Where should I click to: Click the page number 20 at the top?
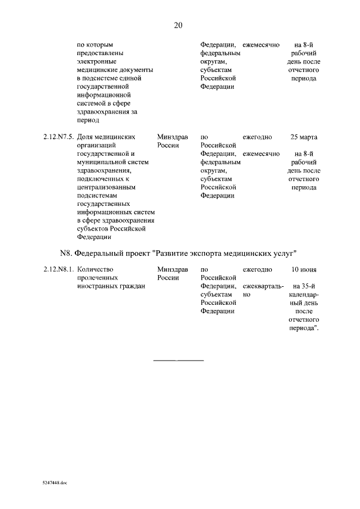[x=179, y=25]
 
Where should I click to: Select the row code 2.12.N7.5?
[x=58, y=137]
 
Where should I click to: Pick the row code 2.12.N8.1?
[x=58, y=269]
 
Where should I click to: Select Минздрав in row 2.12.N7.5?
[x=173, y=137]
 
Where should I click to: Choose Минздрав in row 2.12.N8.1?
[x=173, y=269]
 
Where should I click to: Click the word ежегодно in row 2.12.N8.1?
[x=258, y=269]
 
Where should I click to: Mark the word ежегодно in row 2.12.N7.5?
[x=258, y=137]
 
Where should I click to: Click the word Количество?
[x=95, y=269]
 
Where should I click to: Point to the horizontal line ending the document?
[x=179, y=359]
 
